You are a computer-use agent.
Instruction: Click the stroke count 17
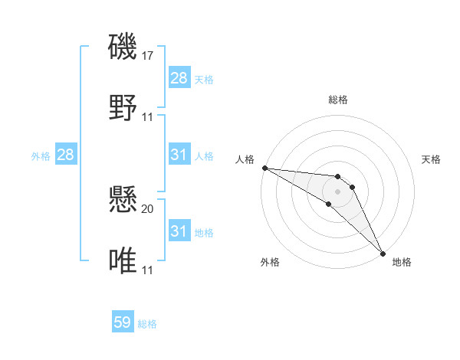[149, 56]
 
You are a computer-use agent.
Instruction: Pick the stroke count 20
[149, 208]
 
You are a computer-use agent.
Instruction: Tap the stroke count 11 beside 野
[149, 117]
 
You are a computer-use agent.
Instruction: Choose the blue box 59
[123, 322]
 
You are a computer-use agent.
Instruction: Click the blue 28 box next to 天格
[179, 78]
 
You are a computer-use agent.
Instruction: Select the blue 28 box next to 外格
[65, 155]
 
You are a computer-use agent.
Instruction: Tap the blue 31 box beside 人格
[179, 155]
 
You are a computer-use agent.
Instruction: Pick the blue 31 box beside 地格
[179, 231]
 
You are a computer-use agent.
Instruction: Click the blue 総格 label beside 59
[147, 324]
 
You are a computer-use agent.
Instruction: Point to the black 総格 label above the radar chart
[338, 100]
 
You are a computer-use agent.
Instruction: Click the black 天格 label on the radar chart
[431, 159]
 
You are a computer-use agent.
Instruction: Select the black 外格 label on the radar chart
[270, 262]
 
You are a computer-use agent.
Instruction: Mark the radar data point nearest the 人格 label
[264, 168]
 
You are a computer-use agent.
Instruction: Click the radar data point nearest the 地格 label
[383, 253]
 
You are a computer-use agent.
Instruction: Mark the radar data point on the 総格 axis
[338, 177]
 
